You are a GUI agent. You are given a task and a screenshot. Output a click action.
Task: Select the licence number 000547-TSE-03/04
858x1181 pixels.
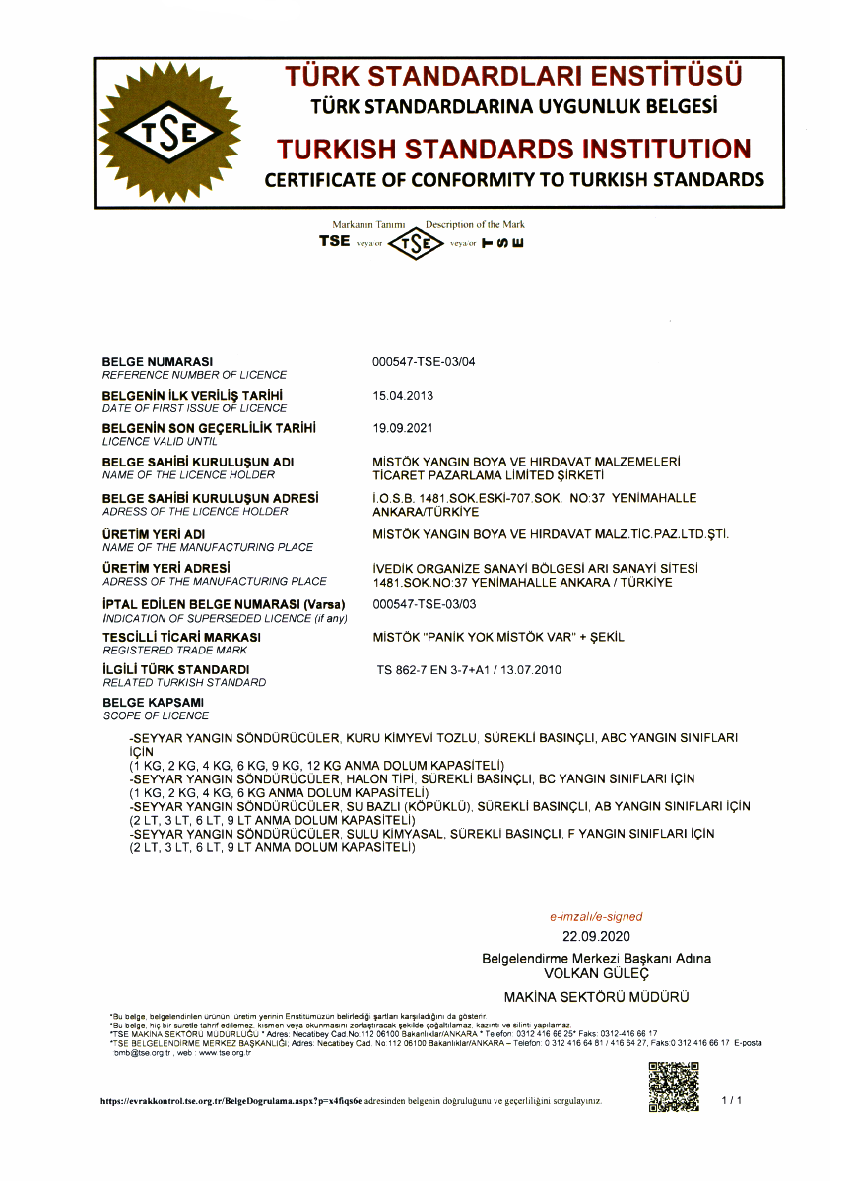tap(424, 362)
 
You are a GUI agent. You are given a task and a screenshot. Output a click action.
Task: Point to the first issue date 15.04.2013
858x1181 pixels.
tap(403, 396)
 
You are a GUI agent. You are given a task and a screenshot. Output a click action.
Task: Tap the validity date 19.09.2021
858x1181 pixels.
tap(403, 428)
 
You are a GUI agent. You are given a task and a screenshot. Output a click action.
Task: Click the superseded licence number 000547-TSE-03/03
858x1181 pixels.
tap(424, 604)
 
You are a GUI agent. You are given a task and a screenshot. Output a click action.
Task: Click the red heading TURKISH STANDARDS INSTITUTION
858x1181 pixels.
tap(513, 150)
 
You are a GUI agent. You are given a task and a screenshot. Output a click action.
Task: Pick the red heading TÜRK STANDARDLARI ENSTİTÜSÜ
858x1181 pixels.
tap(513, 76)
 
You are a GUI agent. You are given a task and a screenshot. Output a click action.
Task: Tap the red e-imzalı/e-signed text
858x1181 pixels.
tap(595, 916)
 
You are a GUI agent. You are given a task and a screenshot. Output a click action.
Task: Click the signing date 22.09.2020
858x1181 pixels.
tap(595, 936)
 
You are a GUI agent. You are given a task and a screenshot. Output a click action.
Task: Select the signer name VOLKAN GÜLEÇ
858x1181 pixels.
tap(596, 972)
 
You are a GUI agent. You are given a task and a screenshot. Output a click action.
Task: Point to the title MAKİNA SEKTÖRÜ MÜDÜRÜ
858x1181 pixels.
tap(596, 997)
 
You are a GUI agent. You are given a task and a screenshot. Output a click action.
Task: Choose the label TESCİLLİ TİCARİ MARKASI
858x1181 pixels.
tap(181, 638)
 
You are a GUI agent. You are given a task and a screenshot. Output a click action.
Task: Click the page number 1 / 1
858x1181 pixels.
tap(731, 1099)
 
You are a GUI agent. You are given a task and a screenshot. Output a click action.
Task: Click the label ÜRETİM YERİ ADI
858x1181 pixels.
tap(153, 534)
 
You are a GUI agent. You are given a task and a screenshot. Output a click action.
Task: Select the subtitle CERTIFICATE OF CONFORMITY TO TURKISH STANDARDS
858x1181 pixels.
tap(513, 180)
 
